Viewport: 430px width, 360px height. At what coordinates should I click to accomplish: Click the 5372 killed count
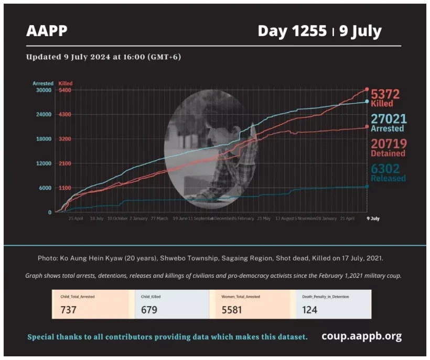(x=385, y=95)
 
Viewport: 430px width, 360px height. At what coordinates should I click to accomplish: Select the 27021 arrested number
(x=388, y=119)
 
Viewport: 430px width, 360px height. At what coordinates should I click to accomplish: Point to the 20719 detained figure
(x=389, y=144)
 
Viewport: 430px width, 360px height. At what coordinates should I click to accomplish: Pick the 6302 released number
(x=385, y=169)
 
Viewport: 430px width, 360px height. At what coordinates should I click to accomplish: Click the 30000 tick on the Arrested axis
(x=43, y=90)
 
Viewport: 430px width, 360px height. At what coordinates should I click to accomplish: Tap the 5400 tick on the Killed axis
(x=65, y=90)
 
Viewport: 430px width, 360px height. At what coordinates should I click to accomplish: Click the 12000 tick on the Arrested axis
(x=43, y=163)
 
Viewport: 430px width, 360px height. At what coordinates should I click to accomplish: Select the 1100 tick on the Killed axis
(x=65, y=188)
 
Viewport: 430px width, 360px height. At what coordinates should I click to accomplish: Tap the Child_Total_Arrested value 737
(x=69, y=310)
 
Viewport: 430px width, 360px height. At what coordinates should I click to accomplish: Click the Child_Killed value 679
(x=149, y=310)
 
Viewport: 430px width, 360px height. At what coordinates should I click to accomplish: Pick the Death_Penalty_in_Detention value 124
(x=310, y=310)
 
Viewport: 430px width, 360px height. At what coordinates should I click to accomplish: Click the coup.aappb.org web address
(x=362, y=336)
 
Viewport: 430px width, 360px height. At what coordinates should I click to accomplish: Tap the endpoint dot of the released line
(x=367, y=187)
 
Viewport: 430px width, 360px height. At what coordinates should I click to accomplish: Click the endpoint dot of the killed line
(x=367, y=90)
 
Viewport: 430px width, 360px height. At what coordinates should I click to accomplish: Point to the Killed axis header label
(x=66, y=83)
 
